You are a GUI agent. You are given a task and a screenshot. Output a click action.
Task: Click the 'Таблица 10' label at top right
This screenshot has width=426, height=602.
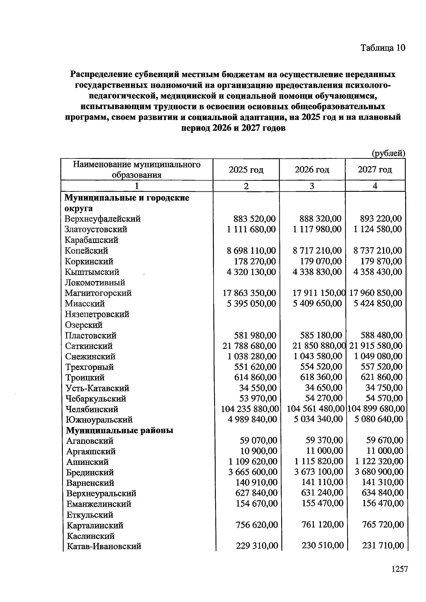pos(383,48)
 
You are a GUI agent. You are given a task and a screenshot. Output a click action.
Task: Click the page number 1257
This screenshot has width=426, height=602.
pos(399,569)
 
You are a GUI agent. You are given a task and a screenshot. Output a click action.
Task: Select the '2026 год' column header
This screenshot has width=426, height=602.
pos(312,170)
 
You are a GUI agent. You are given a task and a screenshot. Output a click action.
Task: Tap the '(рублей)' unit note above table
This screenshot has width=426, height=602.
pos(388,153)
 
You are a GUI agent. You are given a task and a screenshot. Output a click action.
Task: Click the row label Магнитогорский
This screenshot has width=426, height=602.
pos(98,293)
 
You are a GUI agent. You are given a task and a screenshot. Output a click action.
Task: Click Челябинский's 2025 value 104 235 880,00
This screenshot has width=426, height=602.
pos(250,409)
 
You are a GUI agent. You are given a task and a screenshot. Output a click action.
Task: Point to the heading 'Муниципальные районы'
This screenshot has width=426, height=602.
pos(120,430)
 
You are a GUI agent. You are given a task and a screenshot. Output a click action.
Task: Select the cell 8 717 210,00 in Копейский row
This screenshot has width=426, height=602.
pos(317,251)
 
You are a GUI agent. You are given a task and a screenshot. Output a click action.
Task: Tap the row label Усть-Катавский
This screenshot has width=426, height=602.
pos(97,388)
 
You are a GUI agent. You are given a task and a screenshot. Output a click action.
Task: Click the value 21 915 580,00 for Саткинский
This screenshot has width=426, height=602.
pos(376,346)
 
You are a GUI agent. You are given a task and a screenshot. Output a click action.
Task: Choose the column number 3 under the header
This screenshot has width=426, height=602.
pos(312,186)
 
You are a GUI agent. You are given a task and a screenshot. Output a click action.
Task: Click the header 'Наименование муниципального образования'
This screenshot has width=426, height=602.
pos(137,169)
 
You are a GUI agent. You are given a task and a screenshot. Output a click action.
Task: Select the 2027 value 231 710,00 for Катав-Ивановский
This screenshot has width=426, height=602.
pos(383,545)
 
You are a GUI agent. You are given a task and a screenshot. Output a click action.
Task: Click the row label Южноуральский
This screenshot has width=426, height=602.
pos(99,420)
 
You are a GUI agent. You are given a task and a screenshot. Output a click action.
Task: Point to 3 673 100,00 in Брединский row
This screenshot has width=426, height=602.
pos(319,472)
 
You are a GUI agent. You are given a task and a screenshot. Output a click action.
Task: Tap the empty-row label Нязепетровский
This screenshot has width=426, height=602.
pos(97,314)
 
